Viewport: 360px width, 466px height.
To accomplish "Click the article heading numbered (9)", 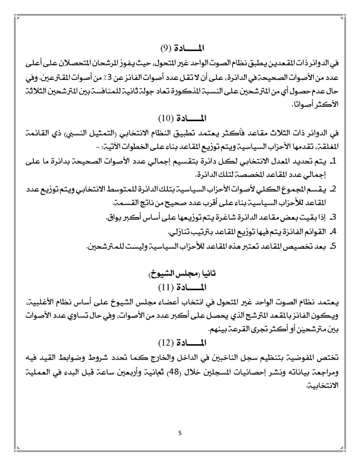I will click(183, 48).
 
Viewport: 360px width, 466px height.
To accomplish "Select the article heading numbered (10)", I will click(183, 118).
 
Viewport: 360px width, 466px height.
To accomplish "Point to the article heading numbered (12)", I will click(183, 342).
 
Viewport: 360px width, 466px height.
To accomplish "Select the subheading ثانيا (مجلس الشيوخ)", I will click(183, 274).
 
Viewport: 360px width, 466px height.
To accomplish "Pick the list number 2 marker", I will click(332, 189).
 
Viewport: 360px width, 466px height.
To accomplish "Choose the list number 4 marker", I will click(332, 232).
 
